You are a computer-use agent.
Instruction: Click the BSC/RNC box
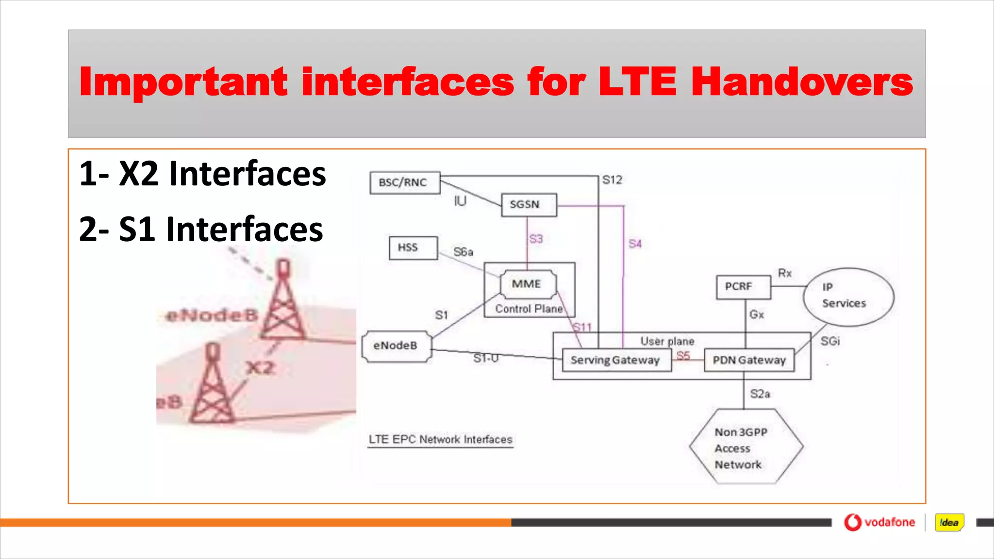(405, 183)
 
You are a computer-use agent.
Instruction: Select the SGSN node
(529, 205)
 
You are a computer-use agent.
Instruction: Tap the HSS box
(413, 248)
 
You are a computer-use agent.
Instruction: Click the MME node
(528, 284)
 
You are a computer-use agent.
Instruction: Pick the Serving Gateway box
(616, 361)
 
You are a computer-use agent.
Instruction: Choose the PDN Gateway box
(749, 361)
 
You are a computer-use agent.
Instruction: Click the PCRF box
(743, 287)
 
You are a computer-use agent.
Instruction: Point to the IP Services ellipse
(848, 296)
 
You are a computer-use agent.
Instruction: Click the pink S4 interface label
(635, 244)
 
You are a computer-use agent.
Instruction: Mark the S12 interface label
(612, 180)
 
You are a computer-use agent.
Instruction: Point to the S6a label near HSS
(463, 252)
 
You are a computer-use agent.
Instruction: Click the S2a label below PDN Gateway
(760, 394)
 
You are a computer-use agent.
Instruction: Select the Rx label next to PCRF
(784, 273)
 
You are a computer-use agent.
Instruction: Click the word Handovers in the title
(802, 82)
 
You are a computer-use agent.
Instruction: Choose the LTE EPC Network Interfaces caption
(440, 440)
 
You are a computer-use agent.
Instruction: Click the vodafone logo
(879, 523)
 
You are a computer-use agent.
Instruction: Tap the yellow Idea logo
(949, 523)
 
